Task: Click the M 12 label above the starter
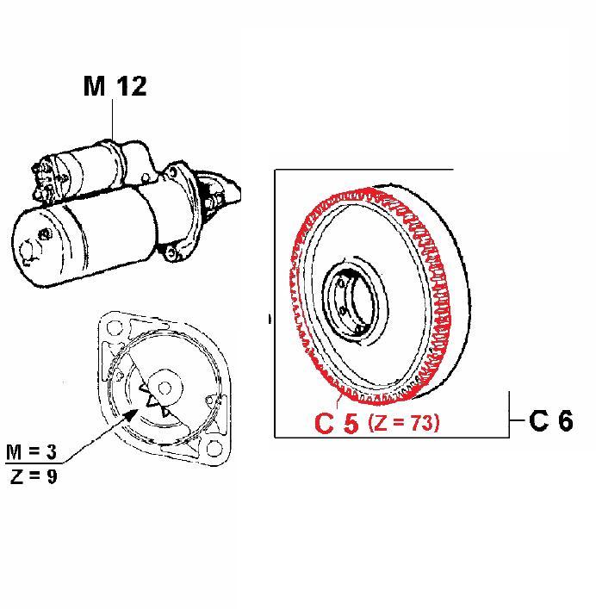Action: (x=115, y=86)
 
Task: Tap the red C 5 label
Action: (x=336, y=423)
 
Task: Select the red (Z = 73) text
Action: (x=404, y=422)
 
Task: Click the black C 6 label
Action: (x=551, y=420)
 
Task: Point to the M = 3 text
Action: (x=32, y=451)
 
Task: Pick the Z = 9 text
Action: (x=34, y=476)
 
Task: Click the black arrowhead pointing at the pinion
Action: (x=131, y=415)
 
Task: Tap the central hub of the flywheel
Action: (x=354, y=300)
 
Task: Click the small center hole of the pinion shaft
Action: (x=165, y=388)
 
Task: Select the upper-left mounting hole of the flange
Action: (x=113, y=328)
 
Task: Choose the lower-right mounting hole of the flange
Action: (x=214, y=448)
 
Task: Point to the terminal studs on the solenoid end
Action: (x=46, y=181)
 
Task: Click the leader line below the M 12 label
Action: (x=113, y=120)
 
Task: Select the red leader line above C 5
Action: (x=338, y=400)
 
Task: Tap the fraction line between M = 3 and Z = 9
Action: (x=34, y=463)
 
